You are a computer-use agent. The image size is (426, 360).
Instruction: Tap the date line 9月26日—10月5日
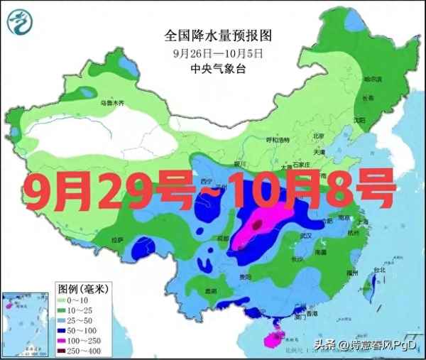(x=218, y=53)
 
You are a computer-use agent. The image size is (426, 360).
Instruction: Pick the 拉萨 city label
(x=117, y=240)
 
